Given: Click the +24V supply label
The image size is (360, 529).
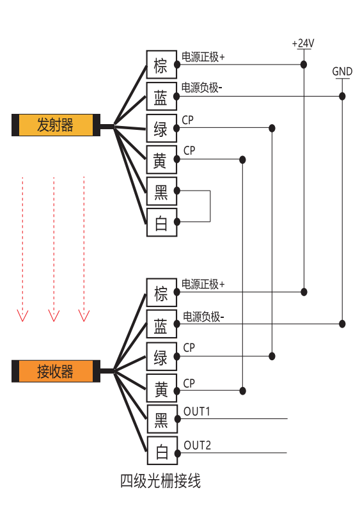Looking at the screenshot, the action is pos(303,43).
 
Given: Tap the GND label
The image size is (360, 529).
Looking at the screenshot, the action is pos(342,72).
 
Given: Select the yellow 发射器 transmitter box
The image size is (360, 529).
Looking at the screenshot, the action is pos(56,125).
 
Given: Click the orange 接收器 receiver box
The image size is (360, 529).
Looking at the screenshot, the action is pos(56,371).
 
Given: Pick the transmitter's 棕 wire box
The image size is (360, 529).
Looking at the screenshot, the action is pos(162,65).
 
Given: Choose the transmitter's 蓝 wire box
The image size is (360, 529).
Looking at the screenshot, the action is pos(162,96).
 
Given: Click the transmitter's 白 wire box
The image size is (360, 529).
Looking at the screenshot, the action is pos(162,223).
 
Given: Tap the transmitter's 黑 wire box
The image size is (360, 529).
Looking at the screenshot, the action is pos(162,191).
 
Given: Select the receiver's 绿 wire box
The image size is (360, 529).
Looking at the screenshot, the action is pos(162,356).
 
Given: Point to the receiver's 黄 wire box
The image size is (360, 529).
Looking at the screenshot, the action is pos(162,388).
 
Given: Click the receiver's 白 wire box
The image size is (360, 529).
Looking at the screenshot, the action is pos(162,451).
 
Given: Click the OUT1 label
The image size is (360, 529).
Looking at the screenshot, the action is pos(197,411).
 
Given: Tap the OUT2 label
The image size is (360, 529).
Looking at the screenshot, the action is pos(198,445).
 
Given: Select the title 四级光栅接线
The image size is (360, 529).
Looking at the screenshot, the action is pos(160,481).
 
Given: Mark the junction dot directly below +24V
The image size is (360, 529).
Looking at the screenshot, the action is pos(304,65).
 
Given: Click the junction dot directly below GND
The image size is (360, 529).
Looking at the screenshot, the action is pos(342,97).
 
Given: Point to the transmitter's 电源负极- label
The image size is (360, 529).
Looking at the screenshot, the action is pos(202,88).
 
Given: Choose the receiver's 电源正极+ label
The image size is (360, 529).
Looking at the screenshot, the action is pos(203,284).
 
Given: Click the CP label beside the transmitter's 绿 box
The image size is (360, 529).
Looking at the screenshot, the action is pos(187,120).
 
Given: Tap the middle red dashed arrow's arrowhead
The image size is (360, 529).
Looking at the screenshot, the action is pos(54,316).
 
